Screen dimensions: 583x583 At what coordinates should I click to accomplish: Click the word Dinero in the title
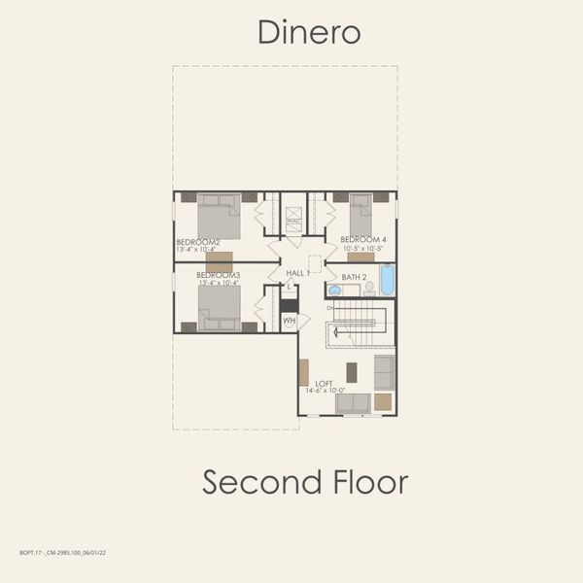(309, 32)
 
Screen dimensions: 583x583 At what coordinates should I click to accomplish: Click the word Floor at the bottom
(367, 481)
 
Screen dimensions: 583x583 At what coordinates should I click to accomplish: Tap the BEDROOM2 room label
(198, 242)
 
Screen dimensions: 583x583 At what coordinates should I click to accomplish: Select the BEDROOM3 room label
(218, 275)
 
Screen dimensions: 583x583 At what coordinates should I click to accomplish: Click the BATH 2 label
(354, 277)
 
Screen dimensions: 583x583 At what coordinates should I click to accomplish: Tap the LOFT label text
(324, 383)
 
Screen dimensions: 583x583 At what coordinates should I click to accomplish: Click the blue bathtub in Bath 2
(387, 281)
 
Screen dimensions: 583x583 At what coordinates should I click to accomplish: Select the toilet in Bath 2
(369, 288)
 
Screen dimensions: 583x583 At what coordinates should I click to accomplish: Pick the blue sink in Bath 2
(334, 290)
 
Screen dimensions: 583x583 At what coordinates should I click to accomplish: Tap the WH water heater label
(289, 320)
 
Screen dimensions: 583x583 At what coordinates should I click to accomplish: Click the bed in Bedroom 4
(360, 212)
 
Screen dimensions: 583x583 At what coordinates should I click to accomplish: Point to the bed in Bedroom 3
(219, 309)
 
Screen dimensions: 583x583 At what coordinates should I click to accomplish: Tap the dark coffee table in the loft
(352, 371)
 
